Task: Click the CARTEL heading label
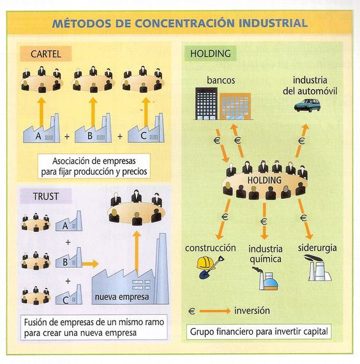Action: (45, 54)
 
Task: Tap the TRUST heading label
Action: (45, 196)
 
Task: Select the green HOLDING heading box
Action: (211, 54)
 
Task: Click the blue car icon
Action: (307, 105)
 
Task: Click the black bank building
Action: (206, 103)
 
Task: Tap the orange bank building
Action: (235, 106)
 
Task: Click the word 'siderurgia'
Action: (317, 248)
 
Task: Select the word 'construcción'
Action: (211, 248)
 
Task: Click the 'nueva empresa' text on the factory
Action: (122, 296)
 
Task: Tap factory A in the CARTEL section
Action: (41, 129)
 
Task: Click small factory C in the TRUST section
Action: (69, 295)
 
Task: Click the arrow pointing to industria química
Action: (264, 221)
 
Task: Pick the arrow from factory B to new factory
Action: (90, 264)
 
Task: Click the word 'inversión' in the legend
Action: (252, 310)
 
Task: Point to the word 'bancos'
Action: (221, 80)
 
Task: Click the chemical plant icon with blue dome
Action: (267, 279)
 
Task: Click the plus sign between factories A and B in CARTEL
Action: (67, 136)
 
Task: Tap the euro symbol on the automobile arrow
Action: (301, 140)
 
